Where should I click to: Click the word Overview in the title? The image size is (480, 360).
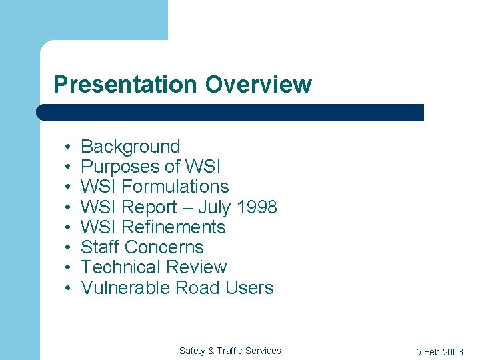click(258, 85)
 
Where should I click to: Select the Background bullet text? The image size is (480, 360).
click(130, 147)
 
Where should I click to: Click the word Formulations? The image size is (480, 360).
click(175, 187)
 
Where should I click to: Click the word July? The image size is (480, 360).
click(213, 207)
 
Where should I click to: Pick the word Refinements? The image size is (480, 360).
click(174, 227)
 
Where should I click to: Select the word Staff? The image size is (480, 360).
click(99, 247)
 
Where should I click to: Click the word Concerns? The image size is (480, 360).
click(163, 247)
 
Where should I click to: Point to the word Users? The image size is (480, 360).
click(249, 288)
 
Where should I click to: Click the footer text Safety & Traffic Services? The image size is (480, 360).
click(230, 351)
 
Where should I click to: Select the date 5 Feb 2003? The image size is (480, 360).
click(439, 352)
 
